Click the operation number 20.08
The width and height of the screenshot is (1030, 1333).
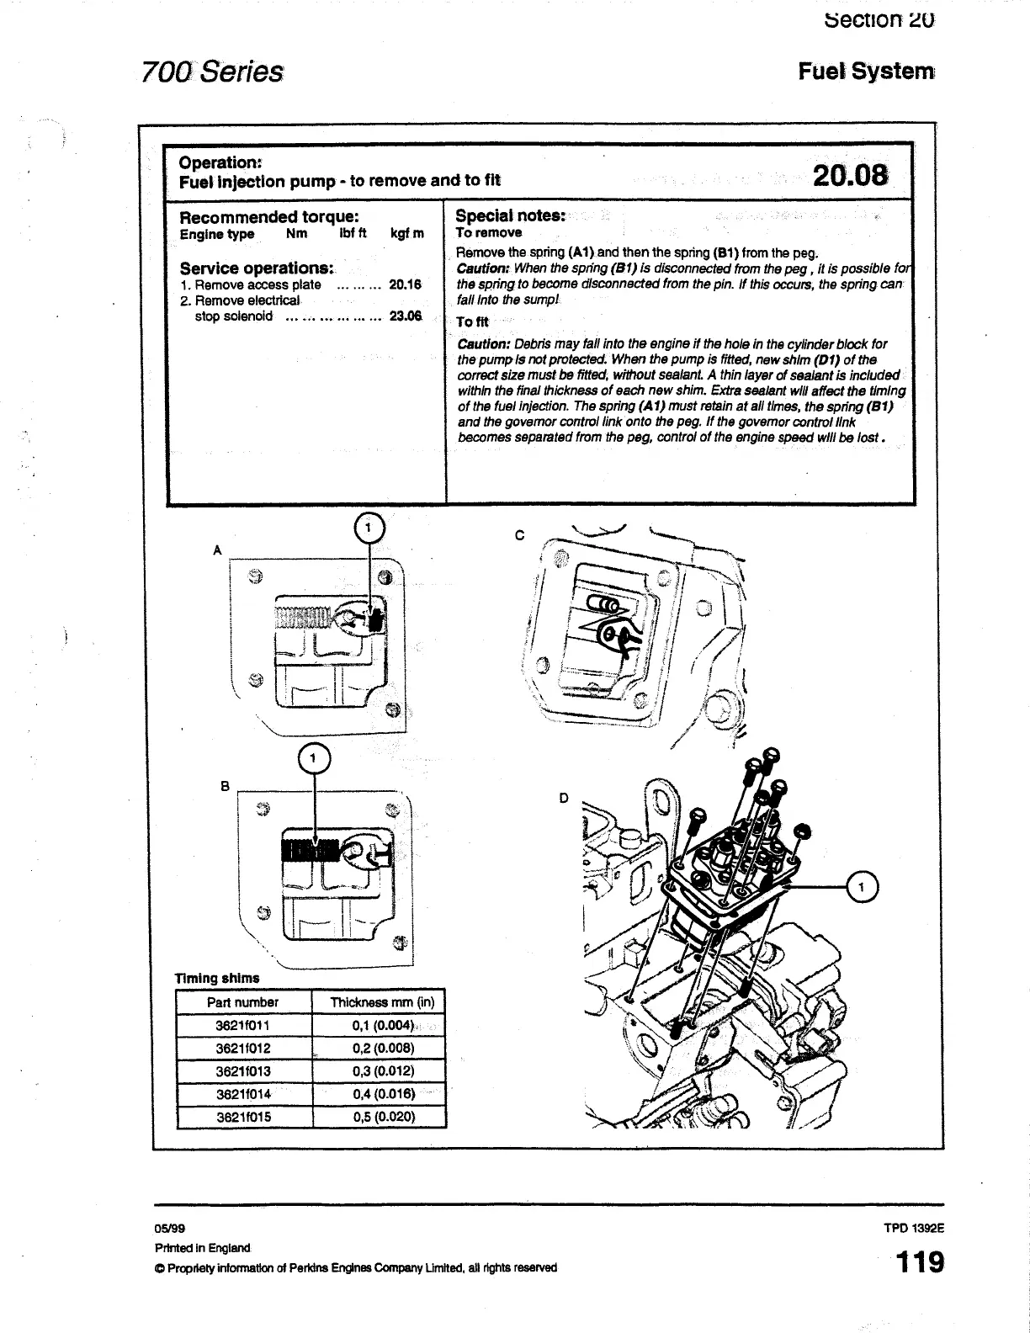(850, 175)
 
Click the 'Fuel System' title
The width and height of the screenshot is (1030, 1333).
(866, 72)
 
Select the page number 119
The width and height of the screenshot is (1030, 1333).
(919, 1262)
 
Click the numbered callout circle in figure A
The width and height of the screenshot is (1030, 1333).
(369, 528)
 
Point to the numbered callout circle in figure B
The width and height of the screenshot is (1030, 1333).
(314, 759)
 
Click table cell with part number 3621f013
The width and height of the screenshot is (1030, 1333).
(243, 1071)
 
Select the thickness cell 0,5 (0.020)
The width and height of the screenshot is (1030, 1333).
(384, 1117)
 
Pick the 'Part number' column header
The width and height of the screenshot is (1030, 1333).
(242, 1002)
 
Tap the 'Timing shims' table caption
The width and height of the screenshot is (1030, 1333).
(217, 978)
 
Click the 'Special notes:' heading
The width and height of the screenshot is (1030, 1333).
(510, 215)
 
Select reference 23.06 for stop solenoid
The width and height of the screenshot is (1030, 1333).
(405, 316)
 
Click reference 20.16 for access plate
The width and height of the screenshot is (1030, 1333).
(405, 285)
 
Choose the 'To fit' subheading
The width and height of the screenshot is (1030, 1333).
(472, 321)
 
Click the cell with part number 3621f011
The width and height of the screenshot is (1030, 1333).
(243, 1026)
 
